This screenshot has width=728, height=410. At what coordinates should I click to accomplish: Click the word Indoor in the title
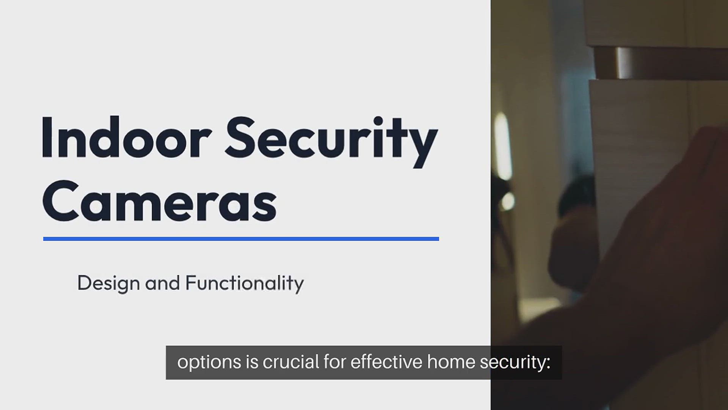(x=127, y=137)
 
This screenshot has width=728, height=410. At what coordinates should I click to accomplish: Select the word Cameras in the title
(x=159, y=201)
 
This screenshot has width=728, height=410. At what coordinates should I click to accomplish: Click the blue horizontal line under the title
(x=241, y=239)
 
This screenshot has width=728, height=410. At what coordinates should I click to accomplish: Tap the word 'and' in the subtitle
(x=162, y=283)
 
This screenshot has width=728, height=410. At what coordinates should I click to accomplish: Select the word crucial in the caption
(x=291, y=362)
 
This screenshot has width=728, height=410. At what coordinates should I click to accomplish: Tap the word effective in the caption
(x=386, y=362)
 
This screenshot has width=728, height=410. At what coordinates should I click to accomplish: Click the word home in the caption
(x=451, y=362)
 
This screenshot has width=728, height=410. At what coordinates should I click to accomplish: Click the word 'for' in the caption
(x=334, y=362)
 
